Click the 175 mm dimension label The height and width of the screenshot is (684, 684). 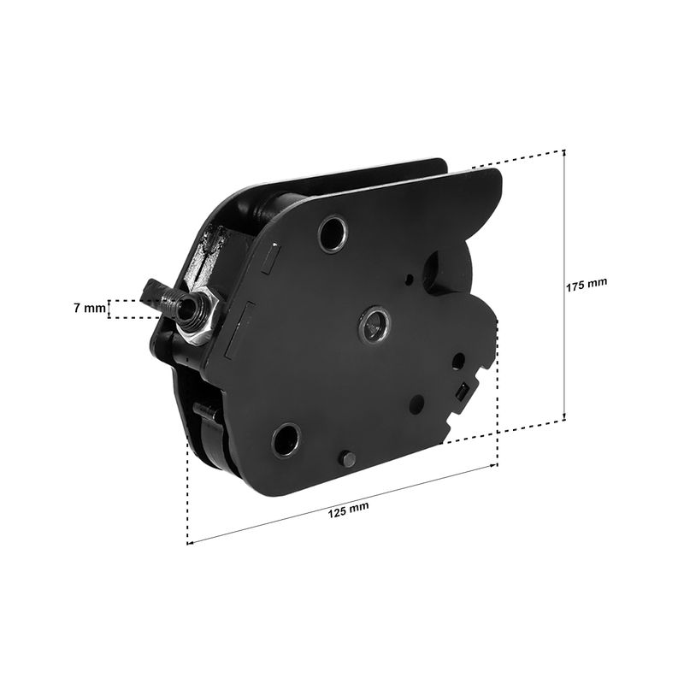pos(587,285)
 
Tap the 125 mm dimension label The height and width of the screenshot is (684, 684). pos(348,510)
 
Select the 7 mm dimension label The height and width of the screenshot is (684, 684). pos(90,309)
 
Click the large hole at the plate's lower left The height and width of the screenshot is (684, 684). pos(286,439)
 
